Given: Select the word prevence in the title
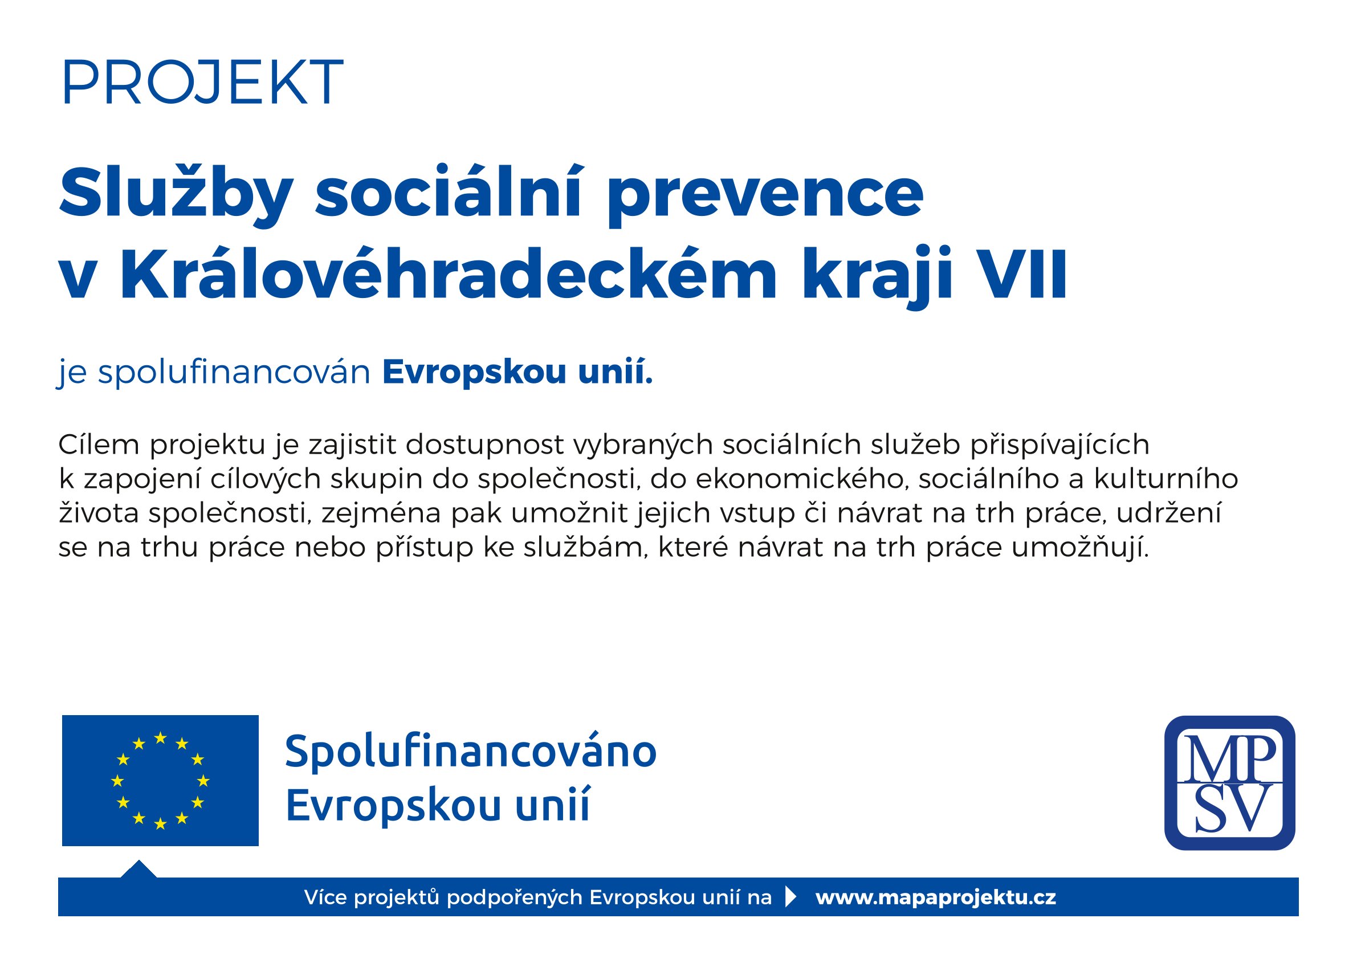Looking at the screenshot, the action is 765,195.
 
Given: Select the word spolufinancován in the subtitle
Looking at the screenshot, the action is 234,373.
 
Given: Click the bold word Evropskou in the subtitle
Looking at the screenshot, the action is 475,373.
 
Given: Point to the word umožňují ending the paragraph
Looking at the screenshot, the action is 1079,548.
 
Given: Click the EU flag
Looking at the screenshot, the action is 160,781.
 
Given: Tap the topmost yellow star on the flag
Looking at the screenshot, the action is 160,737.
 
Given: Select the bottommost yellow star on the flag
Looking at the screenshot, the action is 160,823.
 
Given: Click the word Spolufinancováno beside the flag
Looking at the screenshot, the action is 471,752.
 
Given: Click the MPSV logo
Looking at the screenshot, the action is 1229,782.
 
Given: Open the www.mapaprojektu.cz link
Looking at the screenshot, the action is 936,897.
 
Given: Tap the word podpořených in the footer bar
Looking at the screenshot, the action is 514,898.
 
